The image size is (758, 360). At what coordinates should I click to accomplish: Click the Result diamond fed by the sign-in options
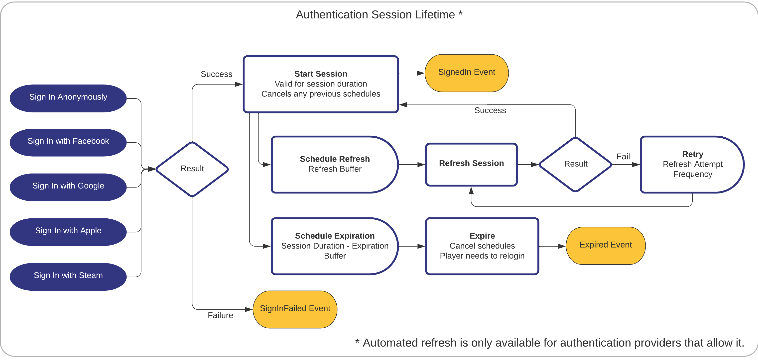192,169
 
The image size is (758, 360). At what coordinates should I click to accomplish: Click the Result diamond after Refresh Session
575,164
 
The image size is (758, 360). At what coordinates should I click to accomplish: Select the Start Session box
321,84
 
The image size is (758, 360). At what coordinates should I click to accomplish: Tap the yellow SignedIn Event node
466,73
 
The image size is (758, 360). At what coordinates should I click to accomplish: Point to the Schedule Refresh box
335,164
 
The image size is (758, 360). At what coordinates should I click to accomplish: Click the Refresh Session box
471,164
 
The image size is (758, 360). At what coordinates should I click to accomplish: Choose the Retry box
692,164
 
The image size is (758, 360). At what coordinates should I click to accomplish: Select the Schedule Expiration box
335,246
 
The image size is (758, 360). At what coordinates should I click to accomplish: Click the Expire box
482,246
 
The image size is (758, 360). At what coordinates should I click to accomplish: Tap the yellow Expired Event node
606,245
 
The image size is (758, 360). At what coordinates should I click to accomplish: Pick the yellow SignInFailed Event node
295,309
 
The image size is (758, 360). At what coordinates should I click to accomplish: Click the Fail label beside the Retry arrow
623,157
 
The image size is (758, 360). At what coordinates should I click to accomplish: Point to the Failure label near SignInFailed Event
220,315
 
